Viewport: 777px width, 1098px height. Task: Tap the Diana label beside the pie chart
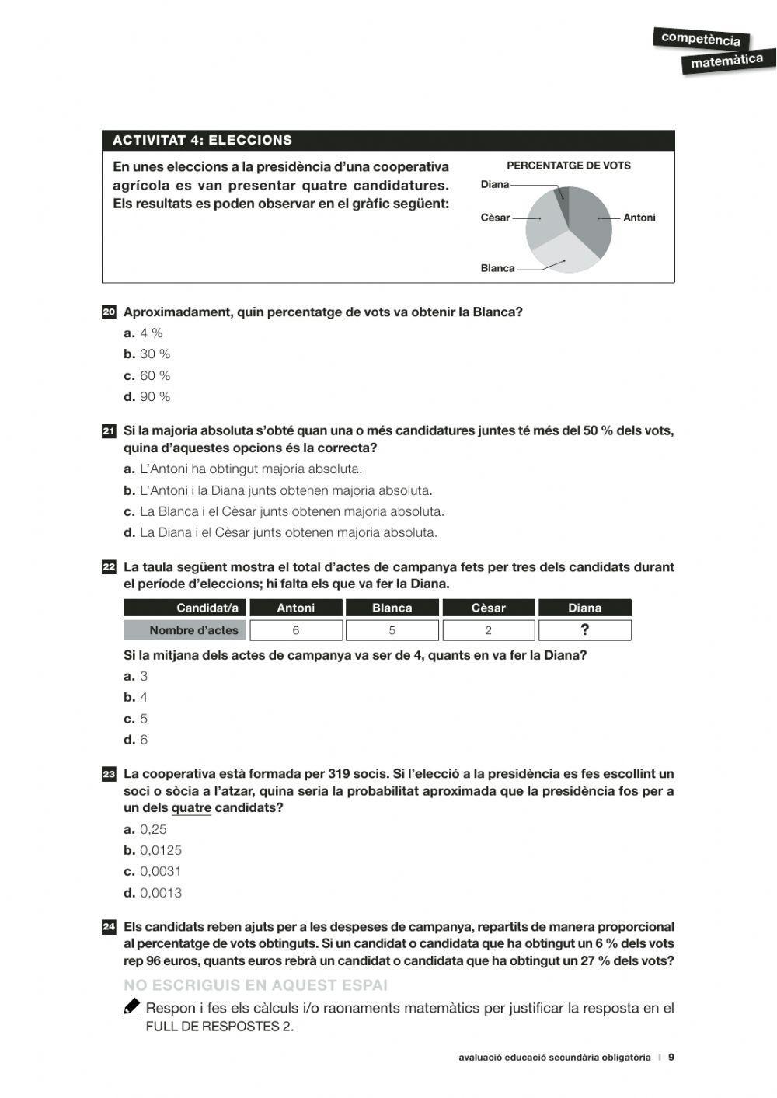495,185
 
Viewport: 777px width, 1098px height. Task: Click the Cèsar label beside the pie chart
495,218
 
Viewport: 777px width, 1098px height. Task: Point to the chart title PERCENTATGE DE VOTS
569,166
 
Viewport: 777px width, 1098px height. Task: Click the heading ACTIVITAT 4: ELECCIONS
202,141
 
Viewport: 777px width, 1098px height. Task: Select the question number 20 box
109,312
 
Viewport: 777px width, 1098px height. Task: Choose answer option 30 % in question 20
155,354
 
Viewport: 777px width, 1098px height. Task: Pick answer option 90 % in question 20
155,397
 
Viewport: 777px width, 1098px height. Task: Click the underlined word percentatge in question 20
304,312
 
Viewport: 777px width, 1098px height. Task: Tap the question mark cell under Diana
584,630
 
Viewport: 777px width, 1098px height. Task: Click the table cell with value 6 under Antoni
295,630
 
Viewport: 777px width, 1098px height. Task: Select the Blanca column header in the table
392,608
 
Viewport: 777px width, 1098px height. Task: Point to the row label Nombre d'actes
186,630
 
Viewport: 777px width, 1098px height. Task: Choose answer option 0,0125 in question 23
160,851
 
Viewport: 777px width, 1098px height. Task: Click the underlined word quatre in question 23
191,808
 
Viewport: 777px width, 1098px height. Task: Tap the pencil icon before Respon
131,1007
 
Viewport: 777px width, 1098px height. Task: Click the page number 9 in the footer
671,1058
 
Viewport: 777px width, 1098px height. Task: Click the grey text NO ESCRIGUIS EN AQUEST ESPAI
256,985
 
